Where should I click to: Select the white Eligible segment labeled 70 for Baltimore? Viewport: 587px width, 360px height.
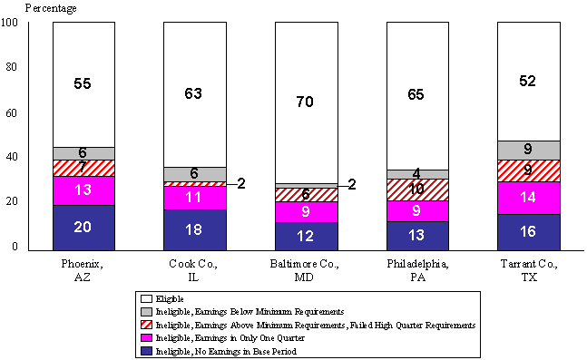point(306,102)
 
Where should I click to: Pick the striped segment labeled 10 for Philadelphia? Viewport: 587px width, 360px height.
point(417,190)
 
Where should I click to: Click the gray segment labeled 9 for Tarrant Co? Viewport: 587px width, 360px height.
point(528,150)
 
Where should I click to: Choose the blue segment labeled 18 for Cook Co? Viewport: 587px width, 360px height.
point(194,229)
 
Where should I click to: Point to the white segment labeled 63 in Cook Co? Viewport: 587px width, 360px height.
point(194,93)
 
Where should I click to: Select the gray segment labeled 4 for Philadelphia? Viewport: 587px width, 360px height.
point(417,174)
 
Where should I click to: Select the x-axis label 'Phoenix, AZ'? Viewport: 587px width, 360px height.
point(83,269)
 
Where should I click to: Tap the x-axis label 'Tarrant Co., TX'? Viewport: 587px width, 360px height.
point(528,269)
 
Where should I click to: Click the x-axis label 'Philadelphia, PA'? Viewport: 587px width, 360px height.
point(417,269)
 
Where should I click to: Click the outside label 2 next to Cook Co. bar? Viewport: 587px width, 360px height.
point(242,183)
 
